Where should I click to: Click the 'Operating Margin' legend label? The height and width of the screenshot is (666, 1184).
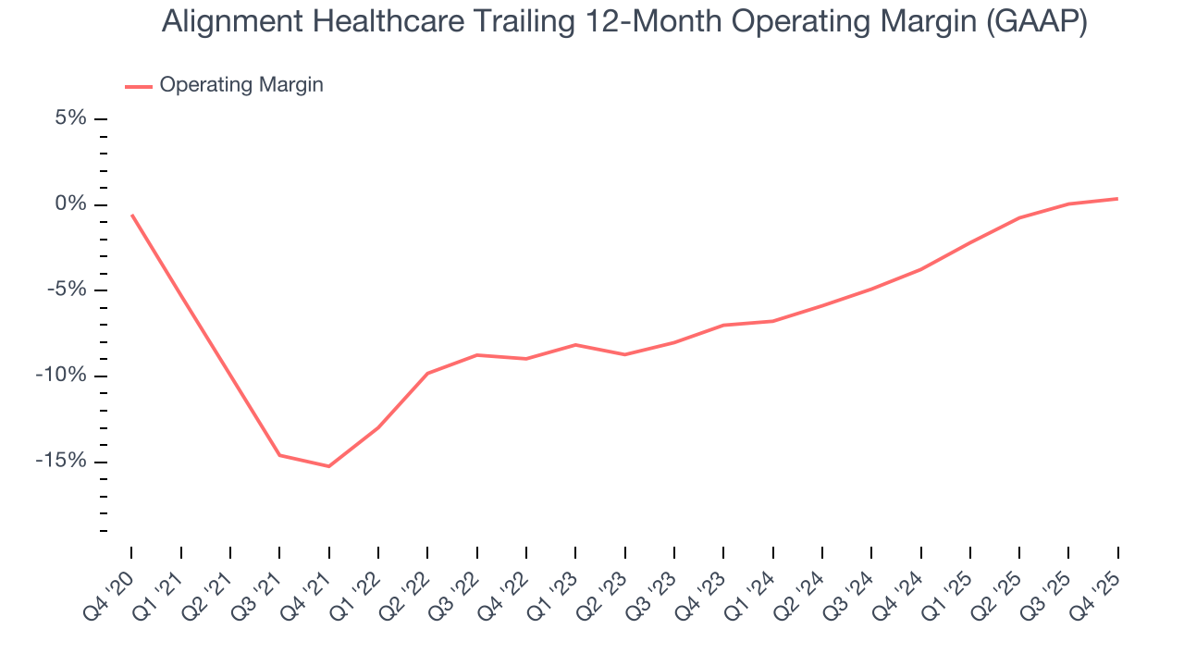click(x=241, y=85)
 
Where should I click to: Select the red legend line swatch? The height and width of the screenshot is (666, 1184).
click(x=139, y=87)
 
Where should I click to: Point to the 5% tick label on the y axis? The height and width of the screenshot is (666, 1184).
click(x=70, y=118)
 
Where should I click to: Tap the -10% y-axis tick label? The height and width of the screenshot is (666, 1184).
click(x=62, y=376)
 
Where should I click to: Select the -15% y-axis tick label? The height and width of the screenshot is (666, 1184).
click(x=62, y=462)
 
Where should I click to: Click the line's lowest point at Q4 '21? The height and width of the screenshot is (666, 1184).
click(x=328, y=466)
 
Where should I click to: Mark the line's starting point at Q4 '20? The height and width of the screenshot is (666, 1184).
click(x=131, y=215)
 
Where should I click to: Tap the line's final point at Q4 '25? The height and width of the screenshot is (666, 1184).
click(x=1117, y=199)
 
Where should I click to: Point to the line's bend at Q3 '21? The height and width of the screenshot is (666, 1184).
click(x=279, y=455)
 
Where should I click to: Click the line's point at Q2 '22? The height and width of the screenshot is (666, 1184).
click(x=427, y=373)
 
